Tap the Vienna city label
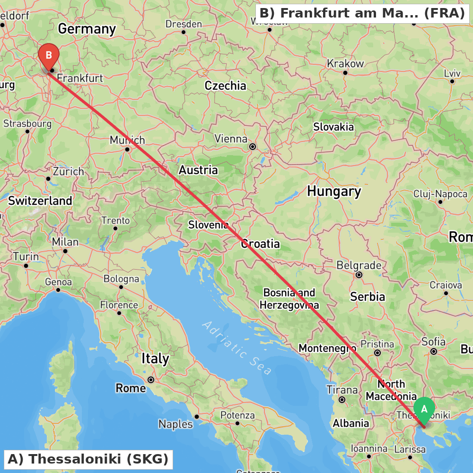pyautogui.click(x=231, y=139)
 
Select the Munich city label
pyautogui.click(x=127, y=140)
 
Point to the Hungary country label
pyautogui.click(x=334, y=192)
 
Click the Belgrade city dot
pyautogui.click(x=359, y=274)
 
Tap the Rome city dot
pyautogui.click(x=151, y=379)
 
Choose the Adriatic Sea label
pyautogui.click(x=237, y=348)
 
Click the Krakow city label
pyautogui.click(x=345, y=64)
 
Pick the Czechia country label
pyautogui.click(x=225, y=86)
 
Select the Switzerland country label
pyautogui.click(x=40, y=201)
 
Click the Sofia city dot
pyautogui.click(x=434, y=351)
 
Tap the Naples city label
pyautogui.click(x=175, y=424)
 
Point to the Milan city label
pyautogui.click(x=65, y=242)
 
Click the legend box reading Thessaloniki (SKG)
pyautogui.click(x=88, y=459)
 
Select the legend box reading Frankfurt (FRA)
pyautogui.click(x=362, y=13)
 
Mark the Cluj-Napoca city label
pyautogui.click(x=440, y=194)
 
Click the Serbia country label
pyautogui.click(x=368, y=297)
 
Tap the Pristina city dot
pyautogui.click(x=377, y=353)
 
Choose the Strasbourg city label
pyautogui.click(x=27, y=124)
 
